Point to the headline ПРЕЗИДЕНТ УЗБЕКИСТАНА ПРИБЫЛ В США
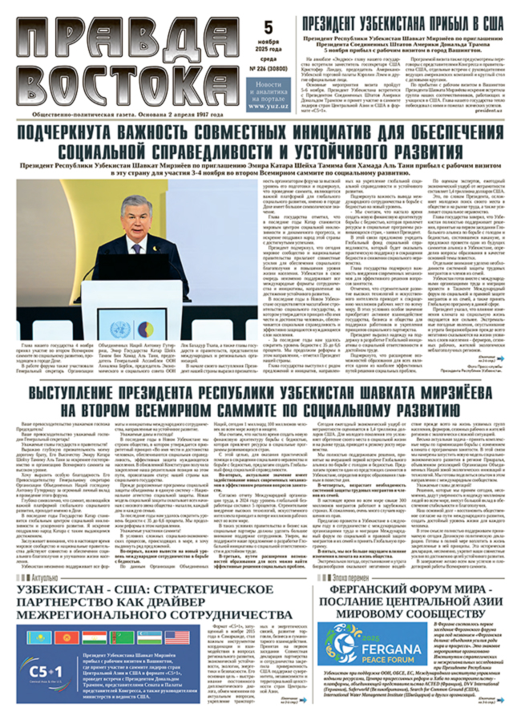click(402, 22)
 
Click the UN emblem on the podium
click(119, 330)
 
